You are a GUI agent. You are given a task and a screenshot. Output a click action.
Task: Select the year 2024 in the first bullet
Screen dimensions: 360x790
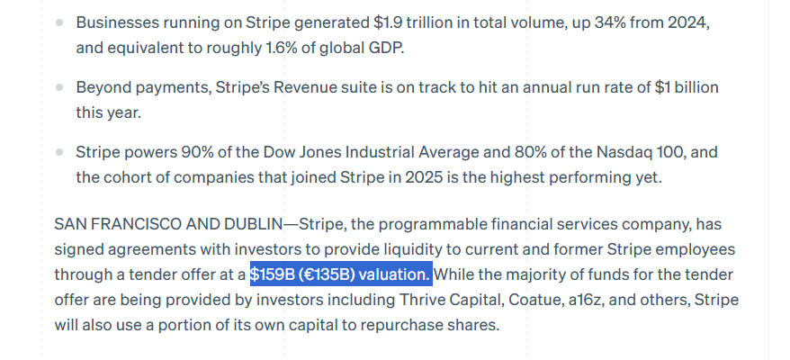(x=689, y=22)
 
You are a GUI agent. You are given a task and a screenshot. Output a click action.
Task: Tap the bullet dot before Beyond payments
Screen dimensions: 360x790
(x=59, y=88)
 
